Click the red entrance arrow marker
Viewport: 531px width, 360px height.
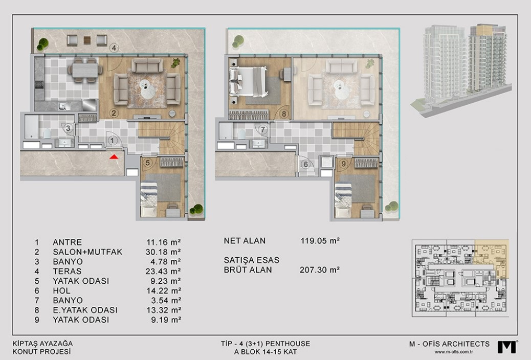(114, 156)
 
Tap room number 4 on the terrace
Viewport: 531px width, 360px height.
(114, 48)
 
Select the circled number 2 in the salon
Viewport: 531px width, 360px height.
(114, 113)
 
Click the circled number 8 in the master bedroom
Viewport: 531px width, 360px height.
(284, 114)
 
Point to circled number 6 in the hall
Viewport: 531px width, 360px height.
(306, 165)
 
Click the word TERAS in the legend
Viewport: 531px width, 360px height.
(67, 271)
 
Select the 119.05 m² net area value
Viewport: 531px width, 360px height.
(320, 241)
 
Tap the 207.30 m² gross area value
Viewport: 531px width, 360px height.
(320, 270)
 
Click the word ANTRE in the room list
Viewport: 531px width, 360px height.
(68, 242)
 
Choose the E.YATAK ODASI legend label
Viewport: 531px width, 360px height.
(85, 310)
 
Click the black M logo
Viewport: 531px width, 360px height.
(507, 347)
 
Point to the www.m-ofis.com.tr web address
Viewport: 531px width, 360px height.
(454, 351)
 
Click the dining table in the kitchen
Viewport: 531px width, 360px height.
(85, 71)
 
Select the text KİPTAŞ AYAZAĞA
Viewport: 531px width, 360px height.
(42, 344)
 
